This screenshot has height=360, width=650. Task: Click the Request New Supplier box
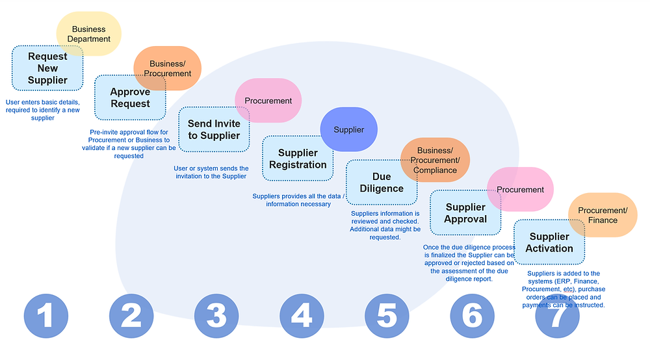[47, 68]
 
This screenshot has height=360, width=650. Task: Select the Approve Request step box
[129, 98]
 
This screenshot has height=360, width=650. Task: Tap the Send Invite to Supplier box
[213, 129]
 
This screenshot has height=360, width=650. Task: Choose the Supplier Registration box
[297, 159]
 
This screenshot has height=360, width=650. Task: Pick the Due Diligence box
[381, 183]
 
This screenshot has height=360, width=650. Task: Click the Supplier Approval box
[465, 212]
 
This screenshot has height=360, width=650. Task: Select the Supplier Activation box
[549, 242]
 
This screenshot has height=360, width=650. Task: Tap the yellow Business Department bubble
[88, 34]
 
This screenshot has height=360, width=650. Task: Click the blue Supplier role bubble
[349, 129]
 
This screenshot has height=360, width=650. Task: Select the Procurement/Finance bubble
[603, 214]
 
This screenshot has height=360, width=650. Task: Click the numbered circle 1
[45, 316]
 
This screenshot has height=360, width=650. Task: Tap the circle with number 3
[216, 316]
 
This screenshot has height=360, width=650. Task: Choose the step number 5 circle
[386, 316]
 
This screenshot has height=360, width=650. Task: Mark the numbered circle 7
[557, 316]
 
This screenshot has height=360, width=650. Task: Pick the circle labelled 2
[131, 316]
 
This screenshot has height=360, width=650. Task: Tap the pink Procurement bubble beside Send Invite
[268, 101]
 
